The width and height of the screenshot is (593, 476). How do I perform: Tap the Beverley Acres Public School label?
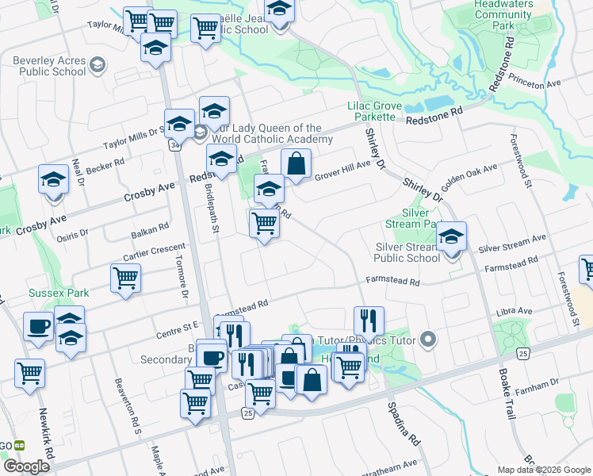tap(49, 65)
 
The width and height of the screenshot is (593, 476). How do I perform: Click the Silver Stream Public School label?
tap(407, 252)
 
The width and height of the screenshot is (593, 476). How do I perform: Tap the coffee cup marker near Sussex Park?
tap(39, 327)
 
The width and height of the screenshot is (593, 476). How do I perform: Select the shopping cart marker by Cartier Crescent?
tap(125, 278)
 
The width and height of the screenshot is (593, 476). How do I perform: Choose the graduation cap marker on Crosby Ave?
tap(53, 179)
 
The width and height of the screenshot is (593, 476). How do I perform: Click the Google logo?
tap(26, 466)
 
